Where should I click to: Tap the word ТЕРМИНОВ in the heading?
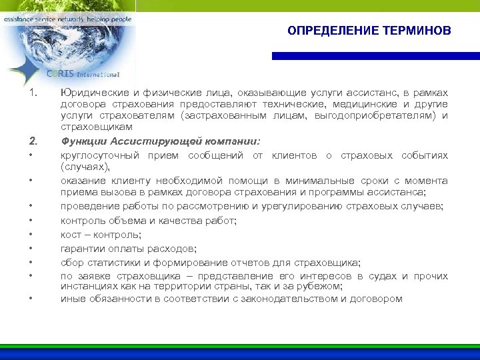(418, 31)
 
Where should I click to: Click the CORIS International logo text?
(83, 73)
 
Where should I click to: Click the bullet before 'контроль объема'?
(31, 221)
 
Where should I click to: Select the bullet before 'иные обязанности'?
(31, 299)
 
